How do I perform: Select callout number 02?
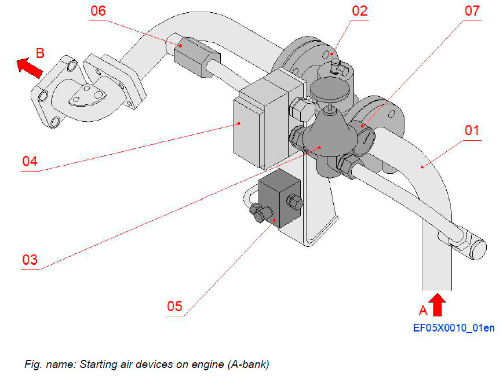[x=359, y=11]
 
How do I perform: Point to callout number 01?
[x=472, y=130]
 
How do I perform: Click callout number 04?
[x=29, y=161]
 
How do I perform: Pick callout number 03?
[x=29, y=259]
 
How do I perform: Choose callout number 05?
[x=174, y=305]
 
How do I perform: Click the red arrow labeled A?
[x=438, y=304]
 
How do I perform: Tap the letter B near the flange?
[x=40, y=53]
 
